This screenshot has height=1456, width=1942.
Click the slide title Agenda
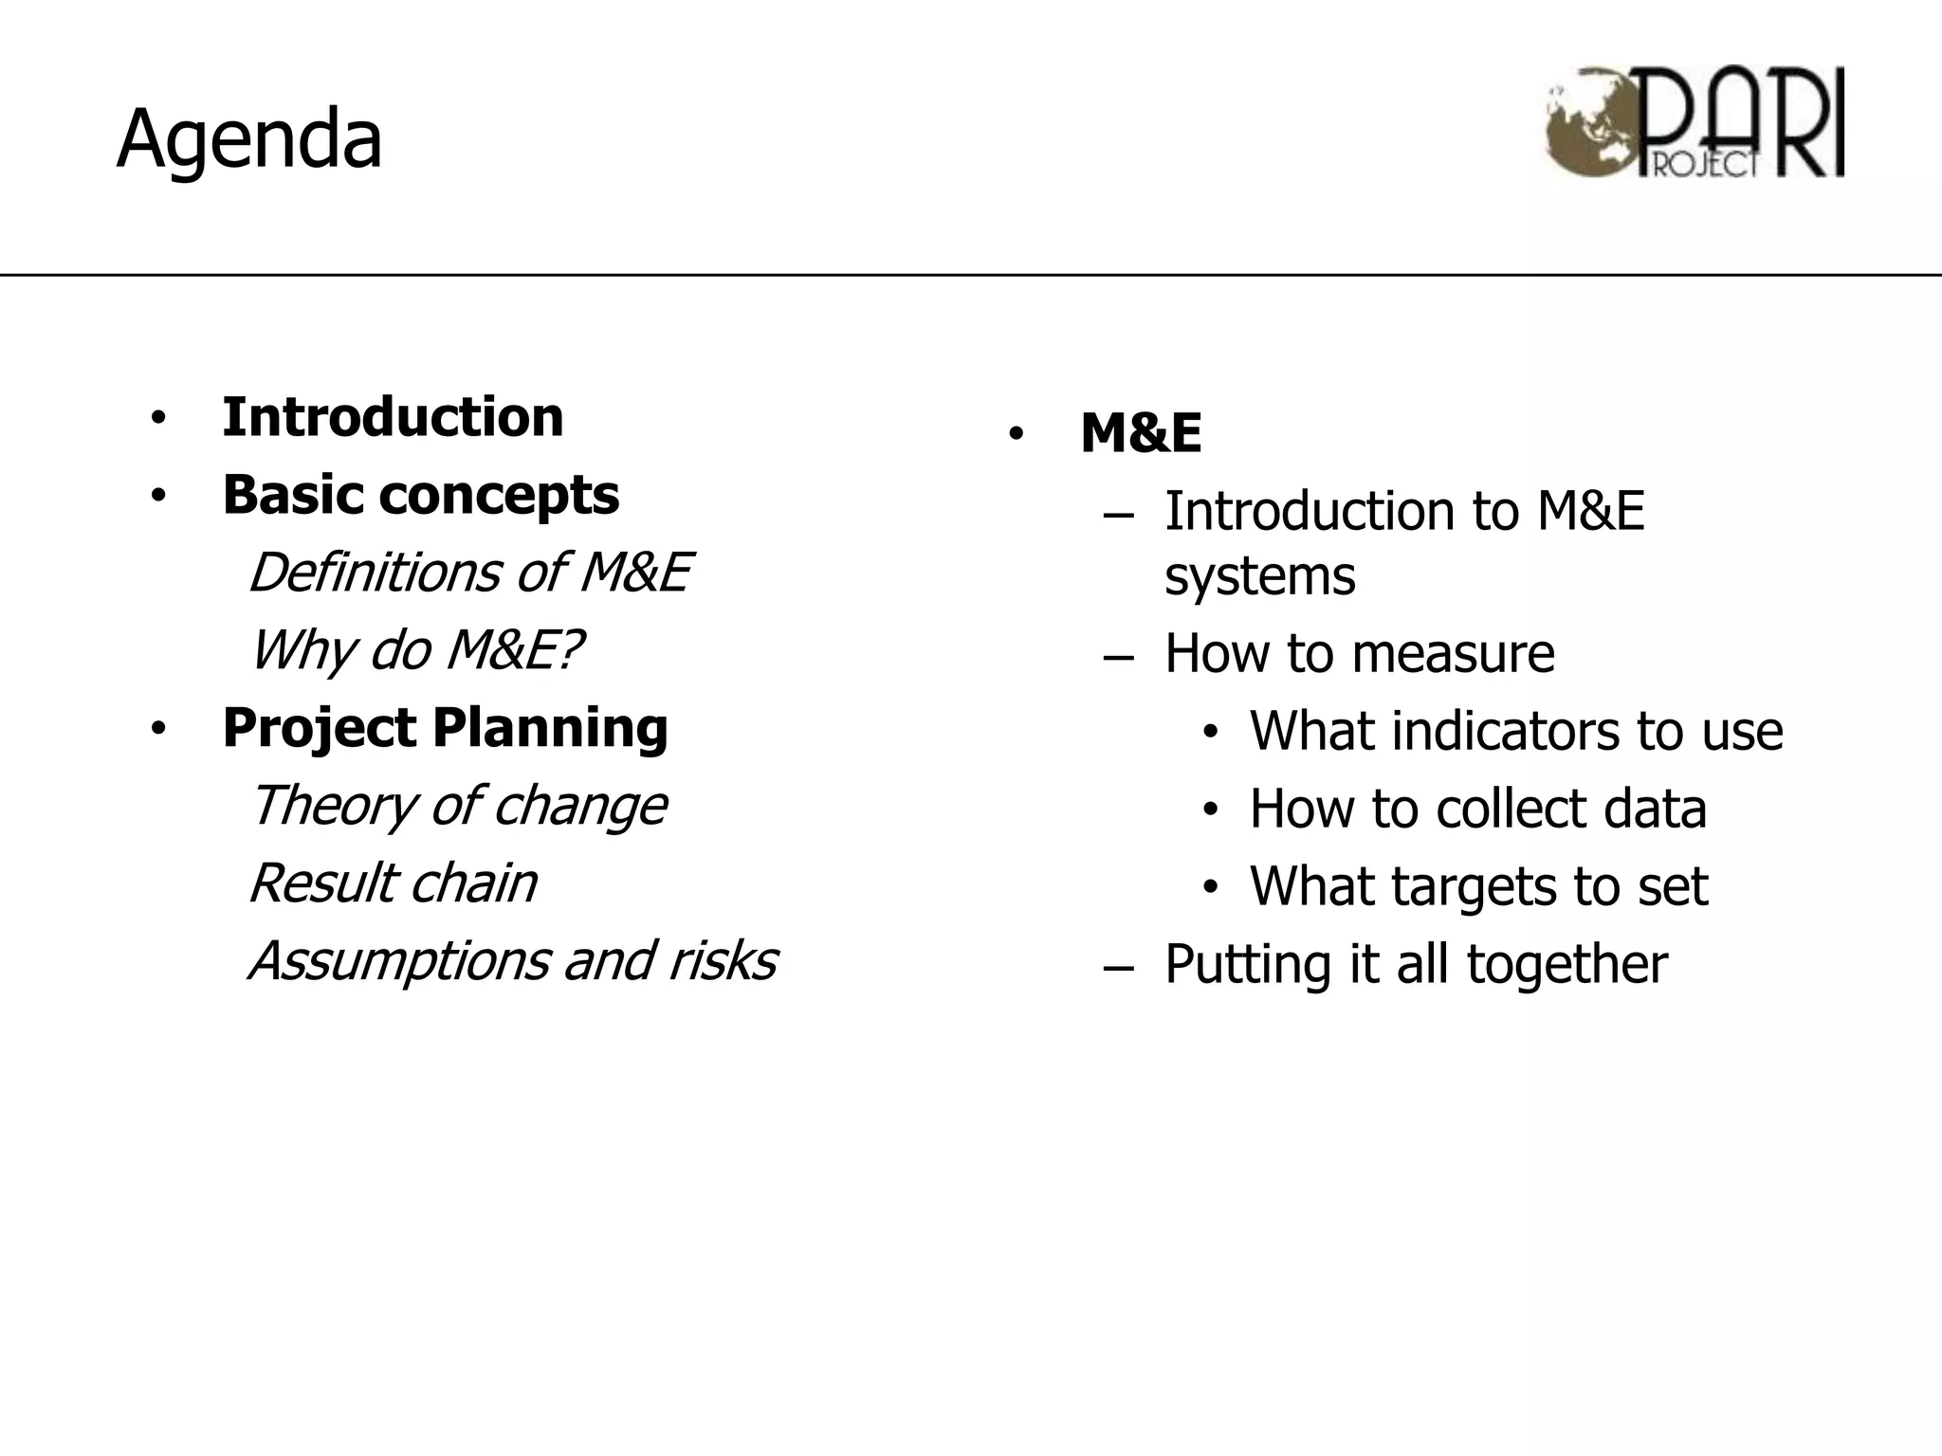[248, 140]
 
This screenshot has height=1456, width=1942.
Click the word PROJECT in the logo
[1704, 164]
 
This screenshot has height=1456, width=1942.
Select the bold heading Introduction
[393, 417]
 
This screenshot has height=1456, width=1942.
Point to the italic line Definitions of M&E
[469, 573]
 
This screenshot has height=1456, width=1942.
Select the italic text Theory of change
[457, 806]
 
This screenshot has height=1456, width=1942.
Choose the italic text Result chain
[393, 883]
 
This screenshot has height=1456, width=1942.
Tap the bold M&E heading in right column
[1141, 433]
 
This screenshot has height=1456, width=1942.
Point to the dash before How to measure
[1119, 656]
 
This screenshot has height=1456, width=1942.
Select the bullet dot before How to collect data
[1210, 810]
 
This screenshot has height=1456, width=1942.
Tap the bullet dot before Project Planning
[158, 729]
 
